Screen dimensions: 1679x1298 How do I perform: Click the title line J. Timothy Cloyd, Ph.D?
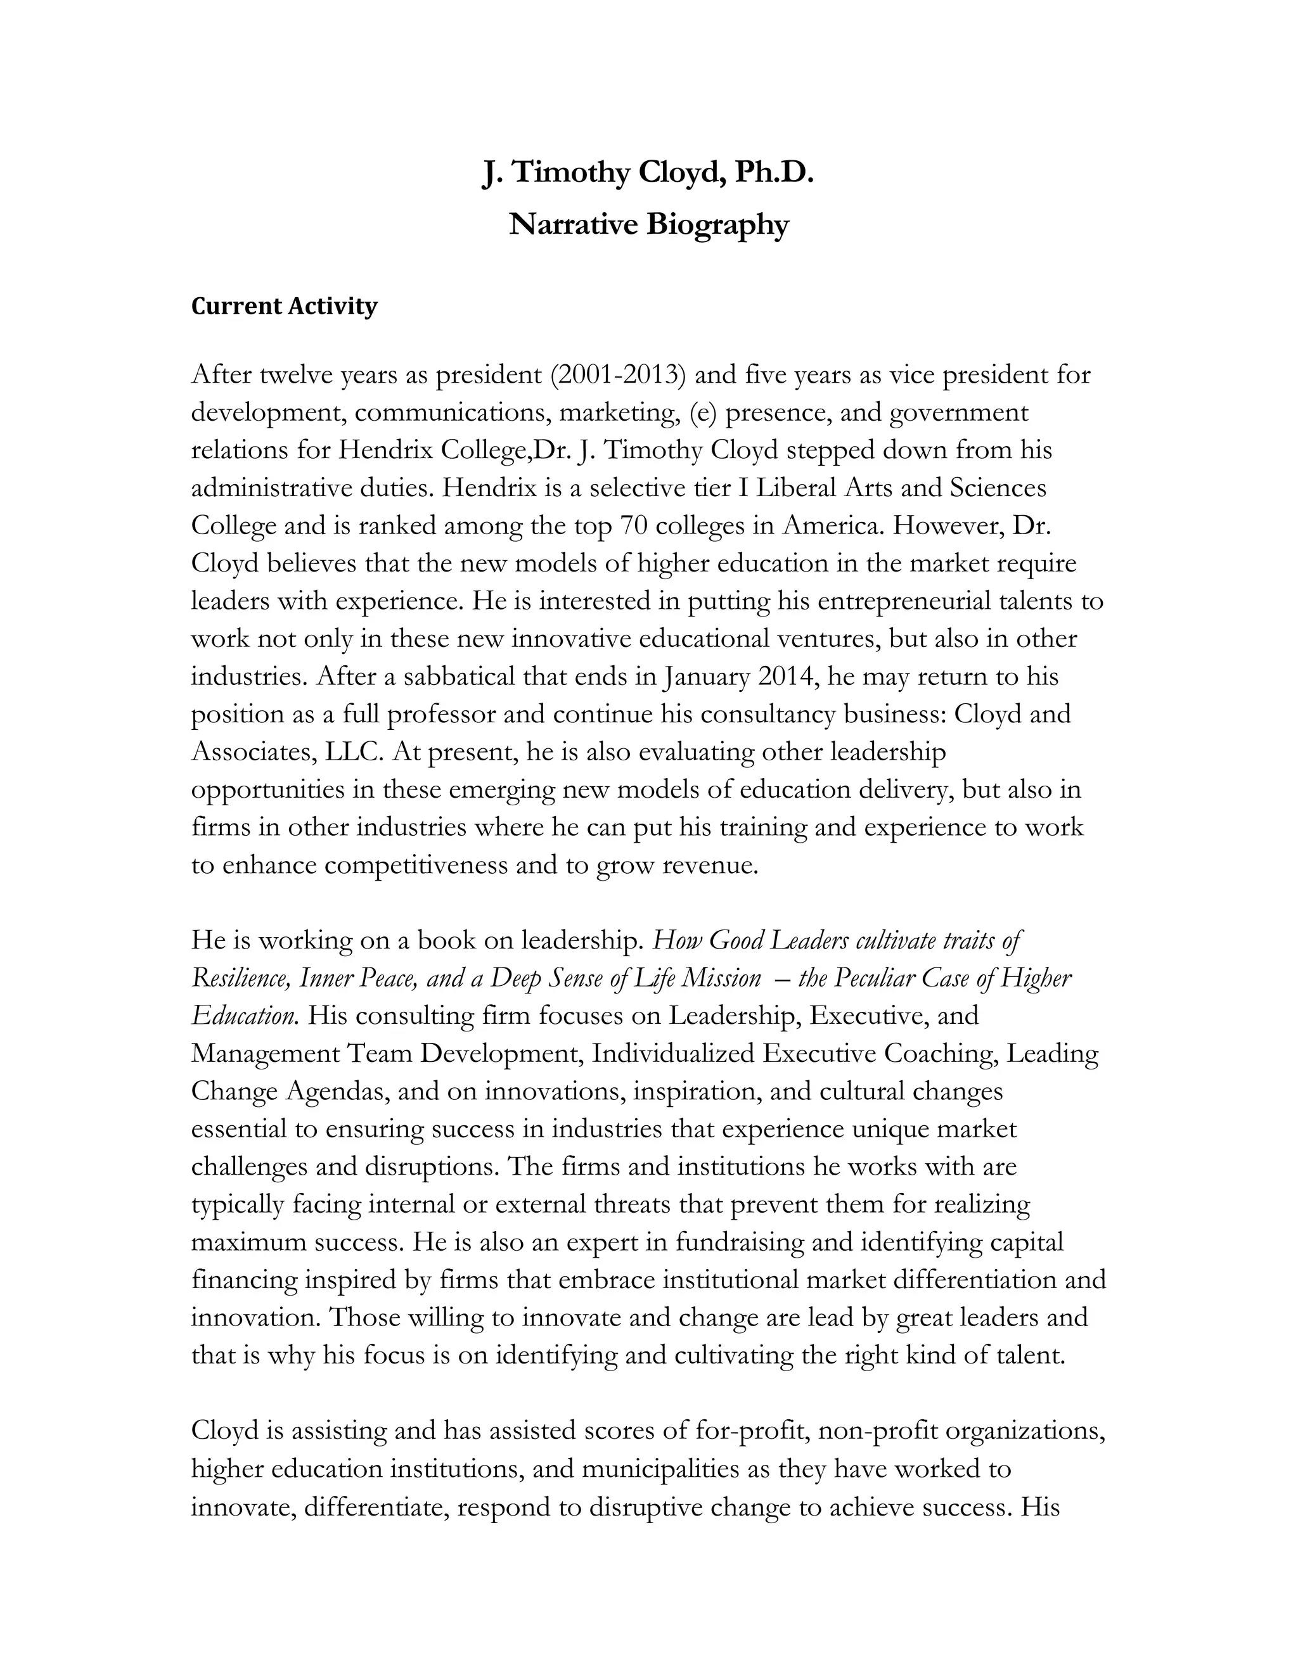click(x=648, y=172)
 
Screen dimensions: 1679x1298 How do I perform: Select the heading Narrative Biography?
click(x=648, y=224)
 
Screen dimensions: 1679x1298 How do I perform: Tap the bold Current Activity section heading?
click(x=284, y=306)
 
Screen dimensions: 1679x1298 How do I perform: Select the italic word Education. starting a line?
click(x=244, y=1016)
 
